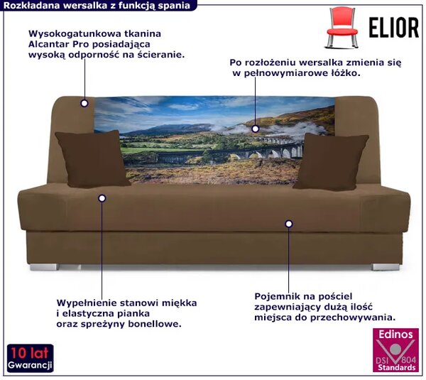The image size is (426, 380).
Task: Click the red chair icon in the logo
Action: pyautogui.click(x=342, y=27)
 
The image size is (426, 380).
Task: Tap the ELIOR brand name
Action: pyautogui.click(x=394, y=28)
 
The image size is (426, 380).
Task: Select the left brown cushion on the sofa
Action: pyautogui.click(x=92, y=158)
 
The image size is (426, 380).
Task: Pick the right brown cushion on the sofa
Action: pyautogui.click(x=331, y=161)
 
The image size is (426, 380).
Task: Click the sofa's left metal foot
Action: pyautogui.click(x=44, y=267)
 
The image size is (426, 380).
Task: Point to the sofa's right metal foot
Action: pyautogui.click(x=386, y=267)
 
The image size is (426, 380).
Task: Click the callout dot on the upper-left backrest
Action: pyautogui.click(x=84, y=103)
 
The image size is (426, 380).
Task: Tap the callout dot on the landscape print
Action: pyautogui.click(x=255, y=129)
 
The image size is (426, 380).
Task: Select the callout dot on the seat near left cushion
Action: pyautogui.click(x=102, y=198)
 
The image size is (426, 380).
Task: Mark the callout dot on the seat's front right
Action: pyautogui.click(x=289, y=224)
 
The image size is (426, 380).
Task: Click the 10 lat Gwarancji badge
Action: pyautogui.click(x=30, y=358)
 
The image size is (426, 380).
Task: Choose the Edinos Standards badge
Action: pyautogui.click(x=395, y=350)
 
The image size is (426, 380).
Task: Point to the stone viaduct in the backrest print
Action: pyautogui.click(x=231, y=153)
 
